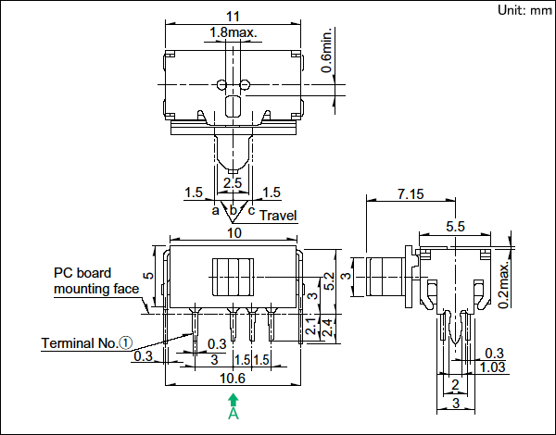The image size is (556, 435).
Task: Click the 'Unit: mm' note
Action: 524,10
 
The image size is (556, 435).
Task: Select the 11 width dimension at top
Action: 233,17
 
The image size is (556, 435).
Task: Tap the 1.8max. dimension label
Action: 233,32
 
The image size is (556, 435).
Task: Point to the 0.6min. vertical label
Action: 327,50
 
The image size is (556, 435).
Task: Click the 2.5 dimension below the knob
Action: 233,183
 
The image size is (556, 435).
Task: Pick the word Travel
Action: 278,216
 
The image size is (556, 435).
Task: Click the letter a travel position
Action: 215,211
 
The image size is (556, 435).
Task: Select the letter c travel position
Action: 251,211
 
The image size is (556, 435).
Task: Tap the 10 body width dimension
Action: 234,233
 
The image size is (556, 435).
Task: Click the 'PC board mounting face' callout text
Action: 96,281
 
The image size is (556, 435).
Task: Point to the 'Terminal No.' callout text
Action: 80,343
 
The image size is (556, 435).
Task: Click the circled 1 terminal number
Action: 125,342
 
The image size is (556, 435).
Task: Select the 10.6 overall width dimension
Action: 233,379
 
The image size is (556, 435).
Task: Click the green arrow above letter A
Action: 233,400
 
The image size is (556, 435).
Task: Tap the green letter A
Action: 234,414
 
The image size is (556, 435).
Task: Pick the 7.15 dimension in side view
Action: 411,194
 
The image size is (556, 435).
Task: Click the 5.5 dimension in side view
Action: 455,227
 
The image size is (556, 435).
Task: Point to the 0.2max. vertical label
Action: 503,285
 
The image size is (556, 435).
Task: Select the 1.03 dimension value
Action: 493,367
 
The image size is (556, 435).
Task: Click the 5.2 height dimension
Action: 329,281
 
